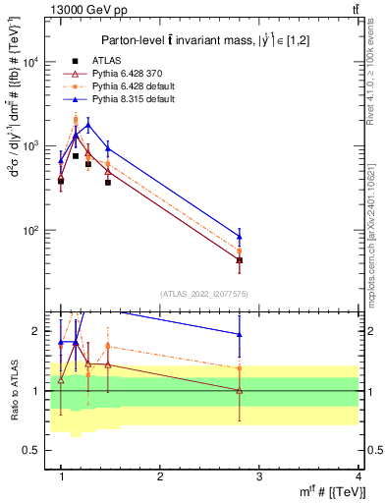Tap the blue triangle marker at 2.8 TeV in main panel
tap(267, 236)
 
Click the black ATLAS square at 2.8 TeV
tap(267, 260)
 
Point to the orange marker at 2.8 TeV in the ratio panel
tap(267, 368)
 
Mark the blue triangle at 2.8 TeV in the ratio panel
tap(267, 334)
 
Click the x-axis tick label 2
tap(160, 476)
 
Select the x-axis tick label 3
tap(259, 476)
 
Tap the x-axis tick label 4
tap(358, 476)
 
